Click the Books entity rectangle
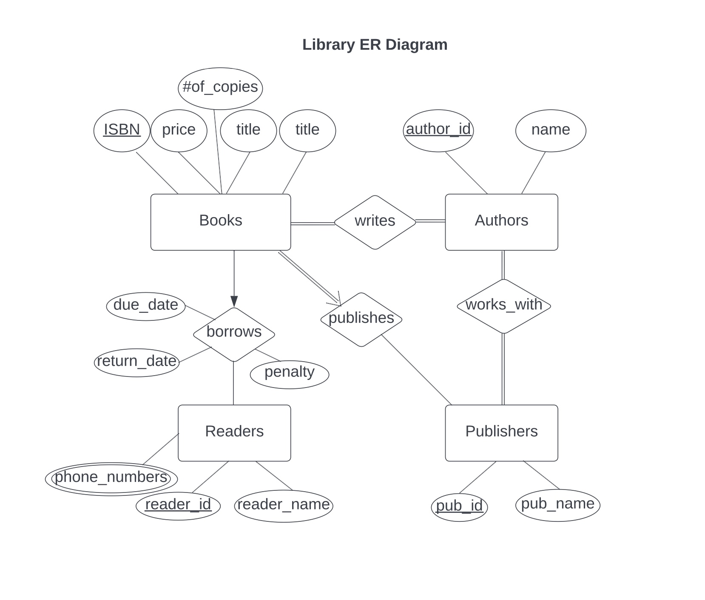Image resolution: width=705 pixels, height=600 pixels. click(x=220, y=222)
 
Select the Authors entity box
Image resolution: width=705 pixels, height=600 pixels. click(x=501, y=222)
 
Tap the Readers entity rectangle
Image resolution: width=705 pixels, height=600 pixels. click(x=234, y=433)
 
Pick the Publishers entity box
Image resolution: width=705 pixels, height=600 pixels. click(x=501, y=433)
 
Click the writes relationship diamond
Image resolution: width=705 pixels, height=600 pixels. click(x=375, y=222)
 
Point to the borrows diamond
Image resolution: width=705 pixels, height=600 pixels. click(x=233, y=334)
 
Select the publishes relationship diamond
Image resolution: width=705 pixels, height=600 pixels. click(x=361, y=319)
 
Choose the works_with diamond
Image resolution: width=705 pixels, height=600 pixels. click(x=503, y=306)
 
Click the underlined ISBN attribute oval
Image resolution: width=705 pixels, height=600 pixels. click(x=122, y=130)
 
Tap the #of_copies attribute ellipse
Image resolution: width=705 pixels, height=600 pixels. click(x=220, y=88)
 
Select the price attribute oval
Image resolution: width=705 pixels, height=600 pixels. click(x=179, y=130)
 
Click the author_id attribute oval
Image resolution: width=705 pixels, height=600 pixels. click(x=438, y=130)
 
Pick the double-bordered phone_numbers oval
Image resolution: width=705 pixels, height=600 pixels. click(x=111, y=478)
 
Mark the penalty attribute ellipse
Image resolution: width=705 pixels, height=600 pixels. click(x=289, y=374)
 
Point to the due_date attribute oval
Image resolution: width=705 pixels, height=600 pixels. click(x=145, y=306)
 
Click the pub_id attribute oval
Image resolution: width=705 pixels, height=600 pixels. click(x=459, y=507)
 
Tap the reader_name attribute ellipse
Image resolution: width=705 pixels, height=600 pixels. click(x=283, y=506)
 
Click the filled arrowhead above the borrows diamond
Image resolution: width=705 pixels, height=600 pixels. click(x=234, y=301)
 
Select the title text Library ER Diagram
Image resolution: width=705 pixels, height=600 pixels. click(x=375, y=45)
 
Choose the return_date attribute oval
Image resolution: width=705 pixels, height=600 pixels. click(x=136, y=362)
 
